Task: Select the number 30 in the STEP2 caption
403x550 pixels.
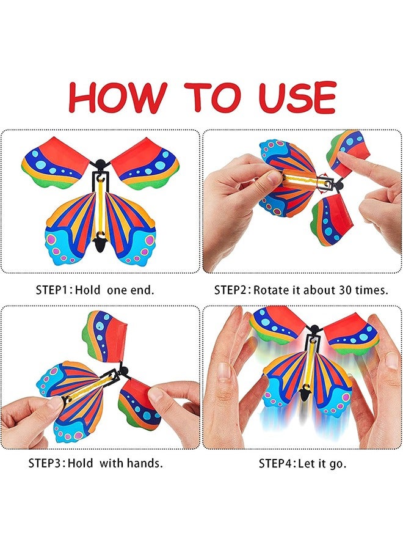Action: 339,290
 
